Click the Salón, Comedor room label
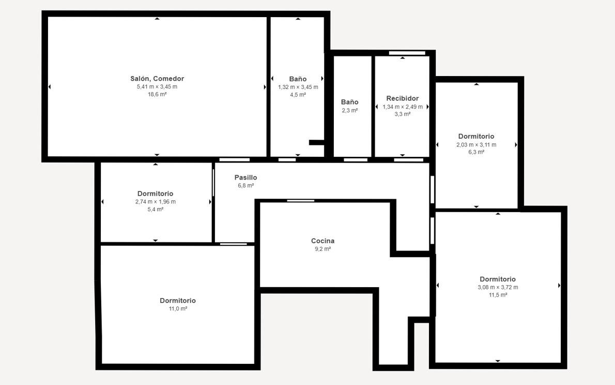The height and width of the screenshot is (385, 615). pos(157,79)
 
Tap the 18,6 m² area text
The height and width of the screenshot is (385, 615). pos(157,94)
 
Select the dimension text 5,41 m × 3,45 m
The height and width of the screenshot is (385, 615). pos(157,87)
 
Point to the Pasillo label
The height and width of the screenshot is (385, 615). pos(245,177)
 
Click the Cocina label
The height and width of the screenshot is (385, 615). pos(323,241)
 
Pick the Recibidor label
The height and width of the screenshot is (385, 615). pos(403,98)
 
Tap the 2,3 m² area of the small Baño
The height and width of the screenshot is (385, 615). pos(349,110)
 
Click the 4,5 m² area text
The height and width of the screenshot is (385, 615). pos(298,95)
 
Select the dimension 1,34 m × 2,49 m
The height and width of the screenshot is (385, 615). pos(403,107)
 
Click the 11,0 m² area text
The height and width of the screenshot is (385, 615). pos(178,309)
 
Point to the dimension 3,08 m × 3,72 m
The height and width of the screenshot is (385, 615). pos(498,287)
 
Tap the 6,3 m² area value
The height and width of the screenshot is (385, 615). pos(476,152)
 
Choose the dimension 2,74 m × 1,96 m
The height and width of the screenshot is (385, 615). pos(156,201)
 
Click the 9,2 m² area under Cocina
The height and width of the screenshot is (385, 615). pos(323,249)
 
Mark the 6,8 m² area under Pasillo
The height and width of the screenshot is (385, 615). pos(245,185)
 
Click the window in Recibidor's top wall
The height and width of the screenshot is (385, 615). pos(407,53)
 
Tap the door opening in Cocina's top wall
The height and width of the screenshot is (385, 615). pos(300,201)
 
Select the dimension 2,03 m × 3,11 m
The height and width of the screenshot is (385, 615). pos(476,144)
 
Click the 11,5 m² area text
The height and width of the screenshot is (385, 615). pos(498,295)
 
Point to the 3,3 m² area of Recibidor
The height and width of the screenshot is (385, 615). pos(403,114)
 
